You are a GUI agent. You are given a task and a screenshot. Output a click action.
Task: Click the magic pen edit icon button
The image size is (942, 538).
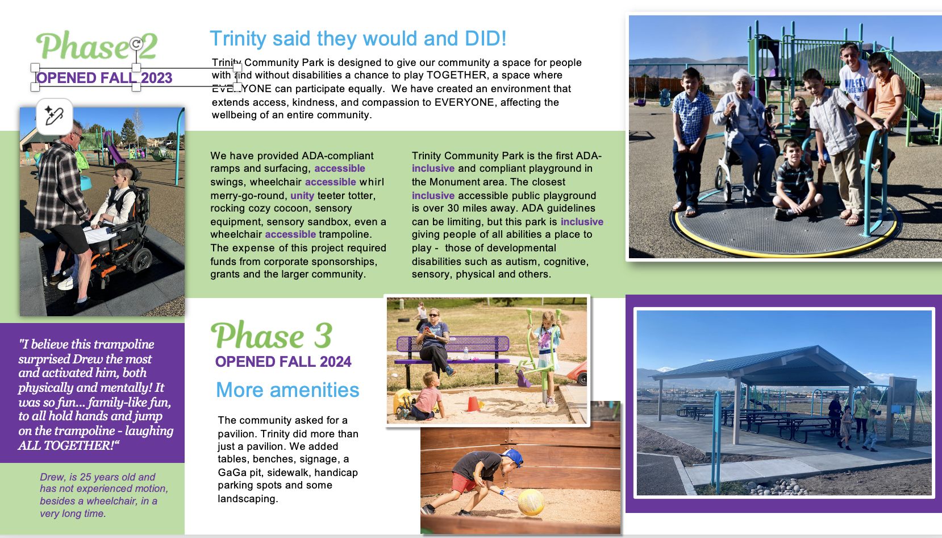coord(54,116)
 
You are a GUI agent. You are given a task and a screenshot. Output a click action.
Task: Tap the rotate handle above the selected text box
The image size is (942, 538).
coord(136,43)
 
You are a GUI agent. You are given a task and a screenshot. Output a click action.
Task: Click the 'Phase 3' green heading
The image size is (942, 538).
coord(272,336)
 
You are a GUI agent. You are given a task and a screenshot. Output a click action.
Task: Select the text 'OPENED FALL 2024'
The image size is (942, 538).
coord(283,362)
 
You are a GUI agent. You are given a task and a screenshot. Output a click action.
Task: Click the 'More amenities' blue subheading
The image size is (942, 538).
coord(287,390)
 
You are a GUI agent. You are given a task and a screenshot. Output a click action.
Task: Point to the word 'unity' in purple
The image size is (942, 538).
coord(302,195)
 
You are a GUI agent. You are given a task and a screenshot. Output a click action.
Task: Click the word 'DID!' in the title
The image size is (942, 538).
coord(485,39)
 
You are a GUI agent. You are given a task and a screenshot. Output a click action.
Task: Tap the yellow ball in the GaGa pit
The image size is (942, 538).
coord(531,502)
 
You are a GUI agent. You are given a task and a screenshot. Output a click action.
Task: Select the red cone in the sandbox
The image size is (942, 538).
coord(473,404)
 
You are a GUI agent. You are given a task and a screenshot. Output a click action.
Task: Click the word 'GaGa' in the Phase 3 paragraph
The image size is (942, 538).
coord(232,473)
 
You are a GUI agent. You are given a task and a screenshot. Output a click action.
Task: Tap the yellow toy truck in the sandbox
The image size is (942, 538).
coord(403,401)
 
